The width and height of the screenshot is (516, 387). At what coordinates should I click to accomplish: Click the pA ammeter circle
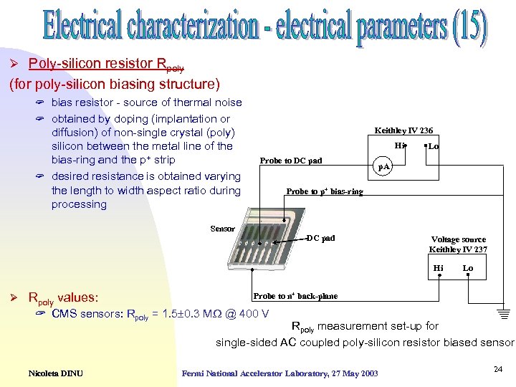(384, 166)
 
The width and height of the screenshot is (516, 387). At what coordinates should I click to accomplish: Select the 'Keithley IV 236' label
(403, 130)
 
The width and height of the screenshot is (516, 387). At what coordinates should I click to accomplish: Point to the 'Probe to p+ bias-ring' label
(324, 191)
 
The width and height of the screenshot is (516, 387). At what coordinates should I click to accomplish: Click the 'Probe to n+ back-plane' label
(295, 296)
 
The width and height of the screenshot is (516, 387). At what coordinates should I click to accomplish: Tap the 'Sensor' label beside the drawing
(222, 229)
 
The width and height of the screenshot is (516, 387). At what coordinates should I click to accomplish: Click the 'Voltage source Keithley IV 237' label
(457, 244)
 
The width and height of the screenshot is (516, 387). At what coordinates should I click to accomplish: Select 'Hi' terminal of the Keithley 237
(439, 268)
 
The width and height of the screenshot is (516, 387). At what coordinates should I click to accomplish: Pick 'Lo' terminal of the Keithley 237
(467, 268)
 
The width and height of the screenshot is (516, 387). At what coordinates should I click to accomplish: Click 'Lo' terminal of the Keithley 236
(433, 145)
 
